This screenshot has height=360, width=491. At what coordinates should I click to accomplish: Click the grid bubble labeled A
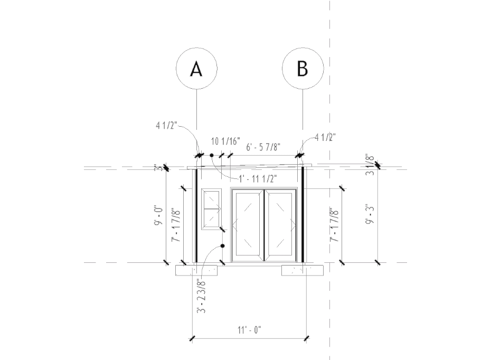click(x=196, y=69)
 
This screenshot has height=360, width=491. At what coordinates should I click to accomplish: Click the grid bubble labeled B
click(x=303, y=69)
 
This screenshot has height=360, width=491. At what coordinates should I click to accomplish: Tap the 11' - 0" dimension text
click(x=250, y=330)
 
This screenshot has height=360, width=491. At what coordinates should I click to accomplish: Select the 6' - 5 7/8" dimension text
click(x=263, y=146)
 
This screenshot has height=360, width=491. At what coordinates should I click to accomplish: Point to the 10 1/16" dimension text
click(x=225, y=141)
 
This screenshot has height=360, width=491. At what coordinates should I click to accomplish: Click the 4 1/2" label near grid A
click(x=167, y=126)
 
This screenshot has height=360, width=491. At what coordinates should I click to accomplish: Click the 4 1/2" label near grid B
click(x=325, y=138)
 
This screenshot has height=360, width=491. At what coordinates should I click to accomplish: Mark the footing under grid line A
click(x=196, y=270)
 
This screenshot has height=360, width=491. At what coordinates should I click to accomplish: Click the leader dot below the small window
click(x=223, y=246)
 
